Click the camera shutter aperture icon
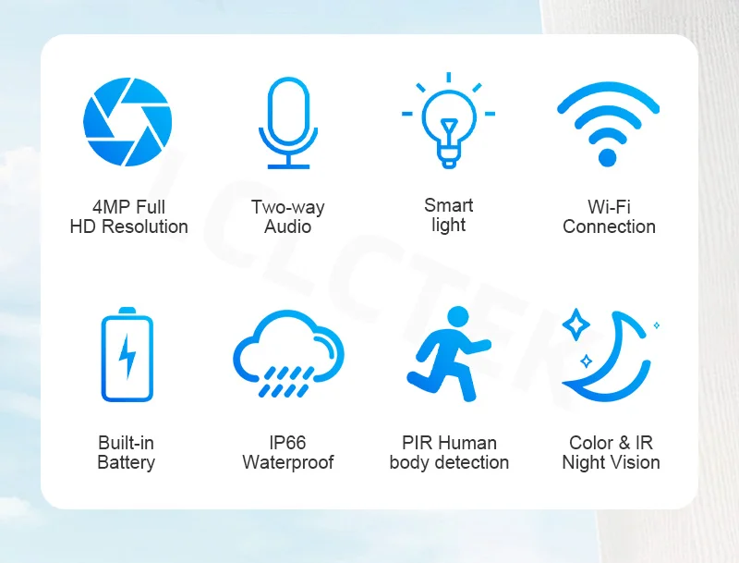127,122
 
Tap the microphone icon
288,123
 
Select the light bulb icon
449,120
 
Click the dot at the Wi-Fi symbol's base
608,157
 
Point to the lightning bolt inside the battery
127,357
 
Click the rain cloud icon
288,353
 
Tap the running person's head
457,316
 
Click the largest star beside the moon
575,324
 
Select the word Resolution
145,226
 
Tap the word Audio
287,226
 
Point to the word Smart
449,205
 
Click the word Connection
609,226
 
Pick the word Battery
126,462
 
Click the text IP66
287,443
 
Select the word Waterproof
288,462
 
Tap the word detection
472,462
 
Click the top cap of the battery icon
127,311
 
